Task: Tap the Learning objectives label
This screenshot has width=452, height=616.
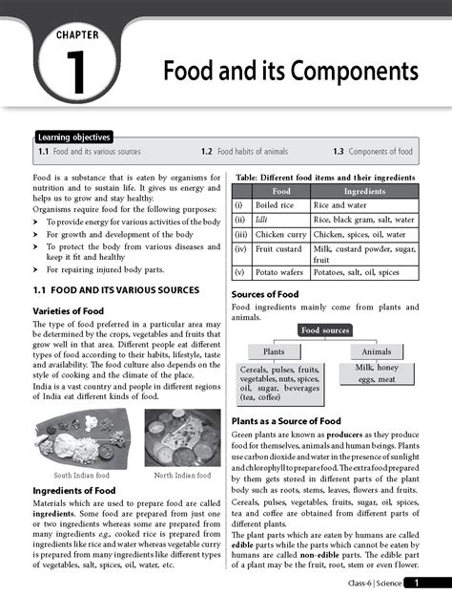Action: [74, 138]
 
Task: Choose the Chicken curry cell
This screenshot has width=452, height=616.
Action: [280, 234]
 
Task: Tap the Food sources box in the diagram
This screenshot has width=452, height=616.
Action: [324, 330]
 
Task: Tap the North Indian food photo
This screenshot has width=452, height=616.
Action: [182, 437]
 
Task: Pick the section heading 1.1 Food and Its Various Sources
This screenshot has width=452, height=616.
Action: [115, 289]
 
